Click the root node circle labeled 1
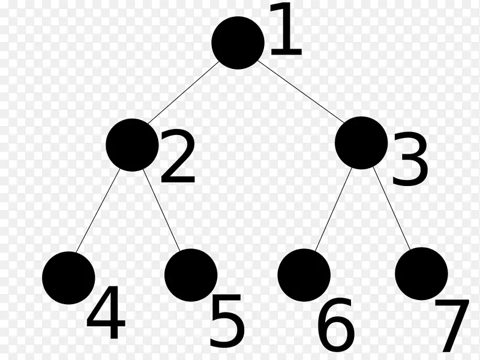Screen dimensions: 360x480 (x=238, y=43)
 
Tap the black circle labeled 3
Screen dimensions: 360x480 (x=361, y=142)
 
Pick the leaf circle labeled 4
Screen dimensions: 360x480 (x=68, y=278)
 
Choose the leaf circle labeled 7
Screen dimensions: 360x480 (x=421, y=273)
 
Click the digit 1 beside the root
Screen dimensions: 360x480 (x=284, y=30)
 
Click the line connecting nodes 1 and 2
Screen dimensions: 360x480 (x=183, y=92)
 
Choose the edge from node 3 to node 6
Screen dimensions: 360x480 (x=332, y=210)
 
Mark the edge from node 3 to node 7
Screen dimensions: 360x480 (x=391, y=208)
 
